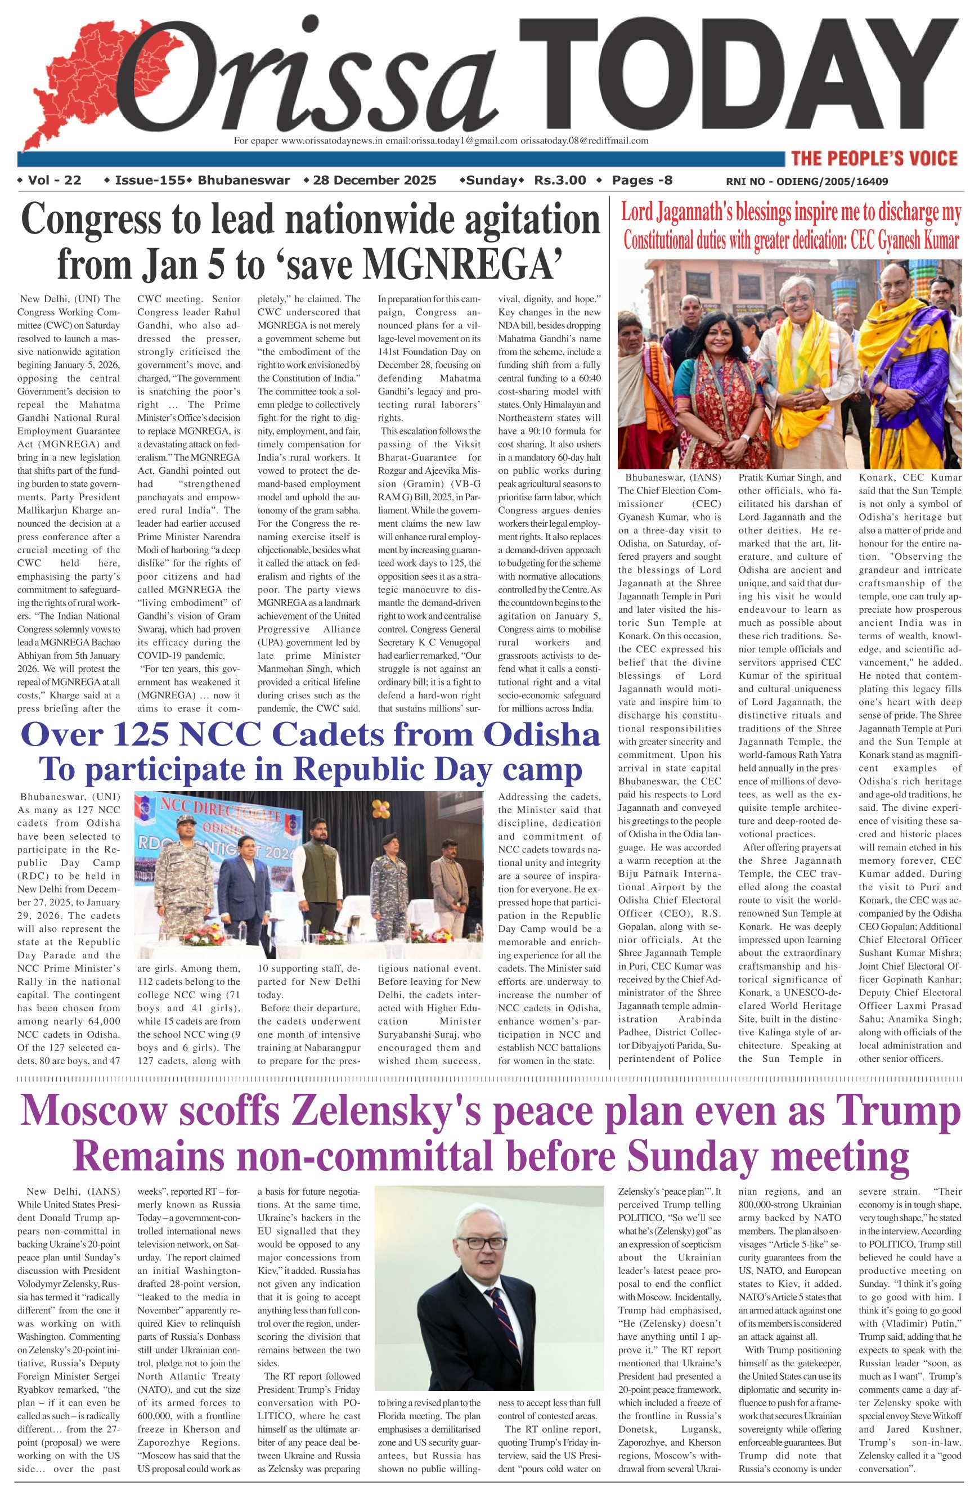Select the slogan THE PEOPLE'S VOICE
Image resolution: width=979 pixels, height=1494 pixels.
click(x=874, y=158)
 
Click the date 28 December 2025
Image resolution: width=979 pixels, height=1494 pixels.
click(x=374, y=180)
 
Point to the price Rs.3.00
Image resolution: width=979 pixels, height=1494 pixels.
click(x=560, y=180)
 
